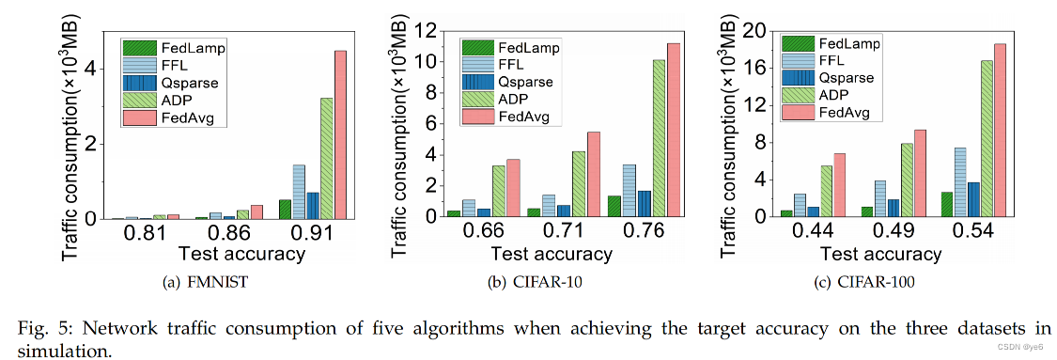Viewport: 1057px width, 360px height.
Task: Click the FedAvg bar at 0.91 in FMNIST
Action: pos(340,134)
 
